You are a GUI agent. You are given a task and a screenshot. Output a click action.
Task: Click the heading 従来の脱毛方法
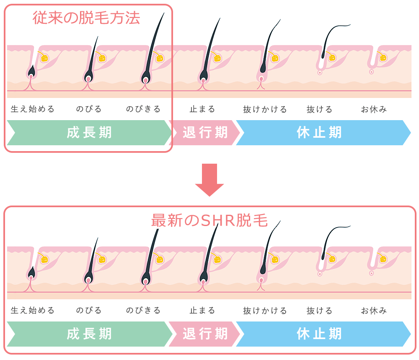(86, 18)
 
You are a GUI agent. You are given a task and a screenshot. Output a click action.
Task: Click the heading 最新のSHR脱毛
(209, 221)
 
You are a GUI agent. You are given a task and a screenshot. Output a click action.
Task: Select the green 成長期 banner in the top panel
(89, 133)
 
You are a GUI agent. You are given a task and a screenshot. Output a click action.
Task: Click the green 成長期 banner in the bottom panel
(89, 334)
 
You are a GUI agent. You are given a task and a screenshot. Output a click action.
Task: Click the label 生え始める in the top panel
(33, 109)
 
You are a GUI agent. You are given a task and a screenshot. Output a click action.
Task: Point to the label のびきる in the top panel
(143, 109)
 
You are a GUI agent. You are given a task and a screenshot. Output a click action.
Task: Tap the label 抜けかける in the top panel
(265, 109)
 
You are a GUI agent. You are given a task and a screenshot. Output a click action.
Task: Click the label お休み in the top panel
(374, 109)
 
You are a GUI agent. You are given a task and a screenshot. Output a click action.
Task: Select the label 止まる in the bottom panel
(202, 311)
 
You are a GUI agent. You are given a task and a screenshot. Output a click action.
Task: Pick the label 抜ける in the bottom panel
(319, 311)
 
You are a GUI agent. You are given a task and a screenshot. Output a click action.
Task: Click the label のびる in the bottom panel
(89, 311)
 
